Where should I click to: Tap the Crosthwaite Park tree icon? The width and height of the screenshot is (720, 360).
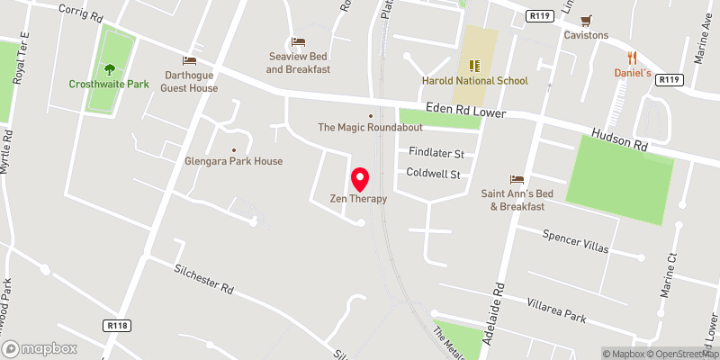click(109, 68)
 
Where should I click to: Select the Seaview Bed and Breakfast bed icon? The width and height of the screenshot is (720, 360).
click(298, 41)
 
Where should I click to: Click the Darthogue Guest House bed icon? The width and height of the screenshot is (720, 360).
click(190, 59)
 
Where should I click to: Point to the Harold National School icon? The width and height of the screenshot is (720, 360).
click(474, 65)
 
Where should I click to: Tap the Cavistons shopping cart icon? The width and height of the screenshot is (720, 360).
click(586, 20)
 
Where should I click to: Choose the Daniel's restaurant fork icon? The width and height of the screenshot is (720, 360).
click(632, 57)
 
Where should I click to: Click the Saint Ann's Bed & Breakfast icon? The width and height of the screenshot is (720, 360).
click(517, 179)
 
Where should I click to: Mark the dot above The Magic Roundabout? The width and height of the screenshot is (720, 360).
click(369, 115)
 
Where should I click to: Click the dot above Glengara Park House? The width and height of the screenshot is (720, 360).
click(234, 150)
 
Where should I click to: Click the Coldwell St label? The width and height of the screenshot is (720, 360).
click(434, 173)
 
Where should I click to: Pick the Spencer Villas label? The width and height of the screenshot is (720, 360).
click(575, 241)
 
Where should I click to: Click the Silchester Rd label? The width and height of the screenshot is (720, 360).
click(203, 279)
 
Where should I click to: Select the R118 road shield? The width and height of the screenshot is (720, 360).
click(116, 324)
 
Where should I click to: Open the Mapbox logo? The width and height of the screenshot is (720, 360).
click(39, 348)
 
